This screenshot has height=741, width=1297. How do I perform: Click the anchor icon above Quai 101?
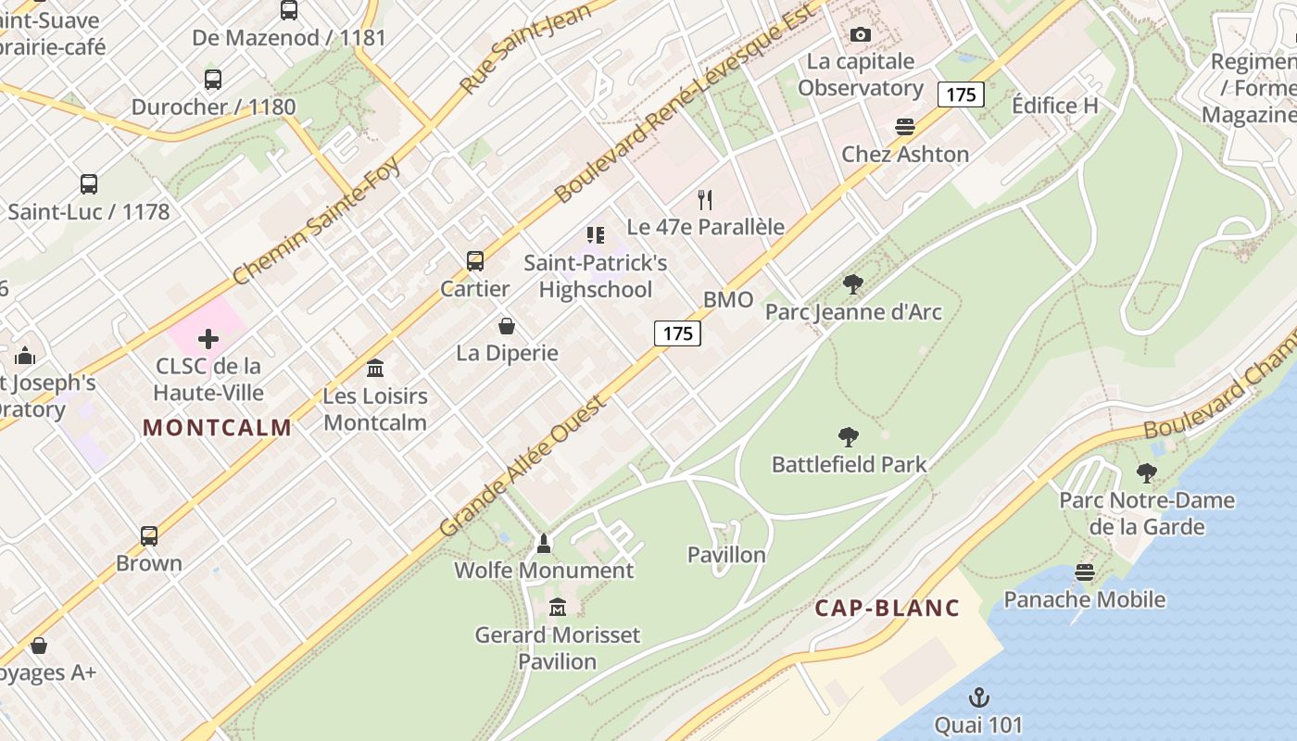pos(978,697)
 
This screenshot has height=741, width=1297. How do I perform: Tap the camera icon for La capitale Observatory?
pos(861,34)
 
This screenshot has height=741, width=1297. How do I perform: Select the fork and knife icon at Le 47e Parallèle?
pos(705,199)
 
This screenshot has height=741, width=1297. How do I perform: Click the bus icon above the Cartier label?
pos(475,261)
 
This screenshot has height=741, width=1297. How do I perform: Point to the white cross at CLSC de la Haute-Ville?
pos(208,339)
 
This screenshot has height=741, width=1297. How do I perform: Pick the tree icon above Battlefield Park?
pos(848,437)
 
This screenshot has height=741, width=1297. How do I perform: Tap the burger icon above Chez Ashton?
pos(905,127)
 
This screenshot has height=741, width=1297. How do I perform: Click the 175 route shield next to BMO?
pos(677,333)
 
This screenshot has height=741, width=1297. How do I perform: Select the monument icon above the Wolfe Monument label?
pos(544,543)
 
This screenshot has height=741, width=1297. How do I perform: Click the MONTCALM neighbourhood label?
pos(218,428)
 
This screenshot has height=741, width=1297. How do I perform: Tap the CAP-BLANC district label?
pos(887,609)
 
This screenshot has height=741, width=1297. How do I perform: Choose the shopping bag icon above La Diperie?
pos(507,326)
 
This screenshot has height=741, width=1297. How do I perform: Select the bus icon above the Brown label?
pos(149,536)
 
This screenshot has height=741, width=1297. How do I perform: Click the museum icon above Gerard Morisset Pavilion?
pos(558,608)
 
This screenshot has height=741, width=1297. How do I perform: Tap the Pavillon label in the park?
pos(726,555)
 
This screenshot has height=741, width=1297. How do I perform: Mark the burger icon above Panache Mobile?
pos(1085,572)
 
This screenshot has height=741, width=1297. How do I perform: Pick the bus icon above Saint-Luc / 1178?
pos(89,184)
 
